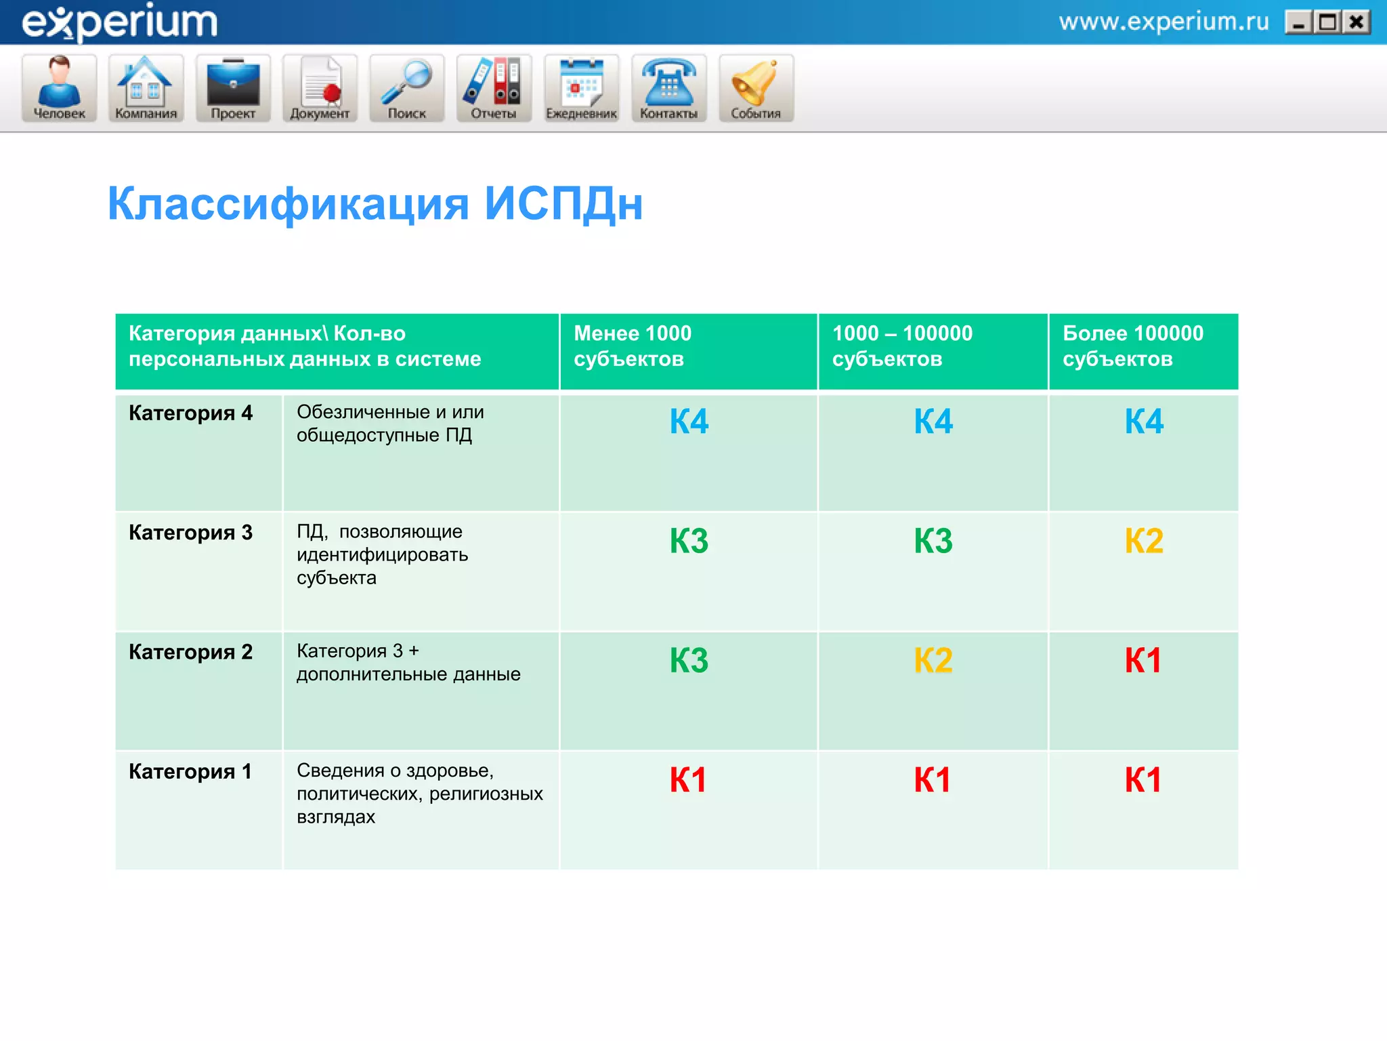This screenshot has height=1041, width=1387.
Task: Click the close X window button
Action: [x=1357, y=23]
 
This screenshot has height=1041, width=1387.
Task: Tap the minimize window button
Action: [x=1298, y=23]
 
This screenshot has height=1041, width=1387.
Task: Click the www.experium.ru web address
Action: [x=1164, y=22]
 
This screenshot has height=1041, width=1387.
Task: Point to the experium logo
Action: [x=120, y=22]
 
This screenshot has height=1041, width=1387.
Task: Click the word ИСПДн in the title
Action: [x=563, y=203]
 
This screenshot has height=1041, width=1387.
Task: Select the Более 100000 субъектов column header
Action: [x=1133, y=346]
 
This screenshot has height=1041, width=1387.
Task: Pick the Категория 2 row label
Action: [x=190, y=652]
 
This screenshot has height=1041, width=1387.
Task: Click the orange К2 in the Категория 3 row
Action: [x=1143, y=541]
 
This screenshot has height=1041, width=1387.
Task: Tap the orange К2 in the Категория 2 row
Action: [x=933, y=660]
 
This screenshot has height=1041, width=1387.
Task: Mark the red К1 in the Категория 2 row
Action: [x=1143, y=660]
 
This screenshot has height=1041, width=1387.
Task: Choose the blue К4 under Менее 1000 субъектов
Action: [x=689, y=422]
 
